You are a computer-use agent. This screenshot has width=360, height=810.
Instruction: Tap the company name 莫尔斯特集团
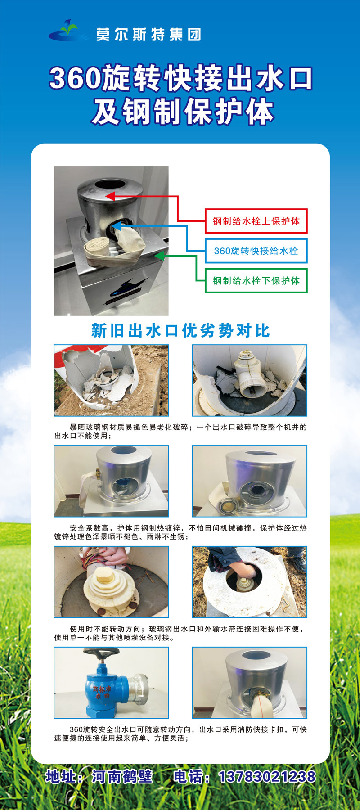[x=148, y=35]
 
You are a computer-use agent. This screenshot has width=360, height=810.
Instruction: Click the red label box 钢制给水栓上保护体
[x=256, y=221]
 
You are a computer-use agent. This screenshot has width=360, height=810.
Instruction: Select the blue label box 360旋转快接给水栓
[x=256, y=251]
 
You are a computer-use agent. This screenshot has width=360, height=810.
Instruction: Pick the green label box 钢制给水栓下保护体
[x=256, y=280]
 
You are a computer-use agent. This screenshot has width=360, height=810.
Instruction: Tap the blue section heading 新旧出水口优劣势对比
[x=180, y=331]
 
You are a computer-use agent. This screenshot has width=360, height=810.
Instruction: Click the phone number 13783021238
[x=267, y=777]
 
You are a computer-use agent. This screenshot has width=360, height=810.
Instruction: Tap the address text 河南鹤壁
[x=122, y=777]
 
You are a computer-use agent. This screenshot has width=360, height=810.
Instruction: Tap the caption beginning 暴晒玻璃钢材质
[x=180, y=431]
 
